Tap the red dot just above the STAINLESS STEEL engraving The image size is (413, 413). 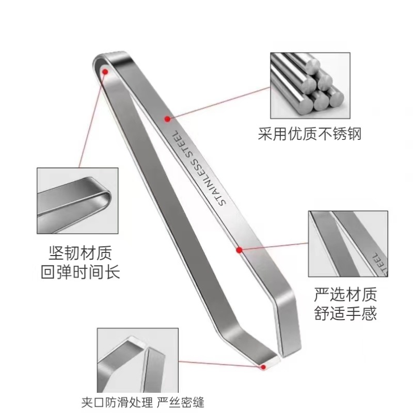(167, 119)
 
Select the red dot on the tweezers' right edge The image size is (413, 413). (240, 250)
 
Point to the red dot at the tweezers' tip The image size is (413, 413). (264, 367)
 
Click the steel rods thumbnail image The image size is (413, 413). (308, 86)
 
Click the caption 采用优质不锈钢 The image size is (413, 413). (309, 135)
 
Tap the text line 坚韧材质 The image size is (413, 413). (80, 253)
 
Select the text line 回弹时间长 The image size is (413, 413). (80, 272)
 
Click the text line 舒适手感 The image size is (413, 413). (345, 313)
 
